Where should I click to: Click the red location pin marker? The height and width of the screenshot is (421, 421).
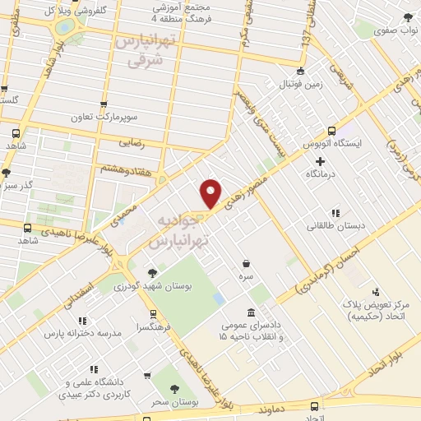click(211, 192)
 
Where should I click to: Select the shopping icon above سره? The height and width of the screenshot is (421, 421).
click(246, 263)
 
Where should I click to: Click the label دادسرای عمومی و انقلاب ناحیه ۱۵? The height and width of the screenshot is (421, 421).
click(250, 331)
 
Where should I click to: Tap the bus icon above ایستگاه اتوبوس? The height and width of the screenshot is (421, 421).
click(331, 131)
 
